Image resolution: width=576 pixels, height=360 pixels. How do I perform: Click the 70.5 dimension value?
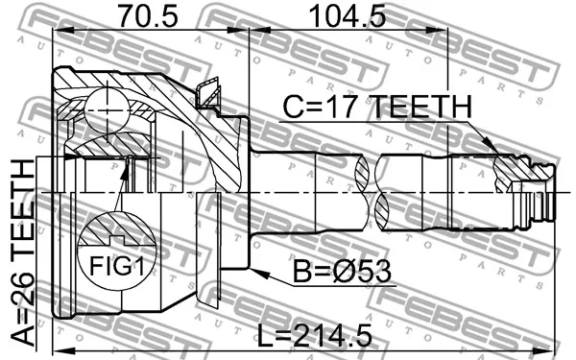point(148,16)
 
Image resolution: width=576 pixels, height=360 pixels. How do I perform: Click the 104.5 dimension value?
point(348,16)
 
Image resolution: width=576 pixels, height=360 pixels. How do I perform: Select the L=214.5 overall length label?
point(315,336)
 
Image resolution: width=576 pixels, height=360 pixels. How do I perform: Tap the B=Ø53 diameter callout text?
point(342,271)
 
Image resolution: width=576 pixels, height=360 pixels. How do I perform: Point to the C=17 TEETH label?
point(377,107)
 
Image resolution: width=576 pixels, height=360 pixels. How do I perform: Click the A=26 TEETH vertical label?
point(22,252)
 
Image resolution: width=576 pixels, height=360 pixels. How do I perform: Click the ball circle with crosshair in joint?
point(108,109)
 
